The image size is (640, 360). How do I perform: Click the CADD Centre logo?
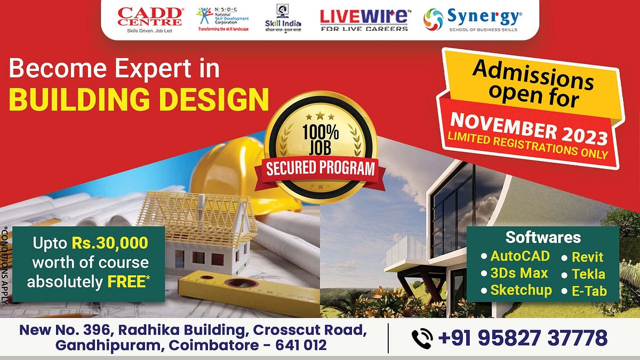150,19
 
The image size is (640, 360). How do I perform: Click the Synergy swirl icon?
434,20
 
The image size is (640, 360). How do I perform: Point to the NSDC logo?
219,19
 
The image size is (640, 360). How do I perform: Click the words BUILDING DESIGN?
139,99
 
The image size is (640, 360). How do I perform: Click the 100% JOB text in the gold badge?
320,140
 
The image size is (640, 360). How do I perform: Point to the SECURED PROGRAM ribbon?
321,170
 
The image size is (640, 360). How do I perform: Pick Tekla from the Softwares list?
588,274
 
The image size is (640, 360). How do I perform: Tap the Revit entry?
587,257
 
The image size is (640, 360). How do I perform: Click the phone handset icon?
422,338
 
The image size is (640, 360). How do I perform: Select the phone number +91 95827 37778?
523,338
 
